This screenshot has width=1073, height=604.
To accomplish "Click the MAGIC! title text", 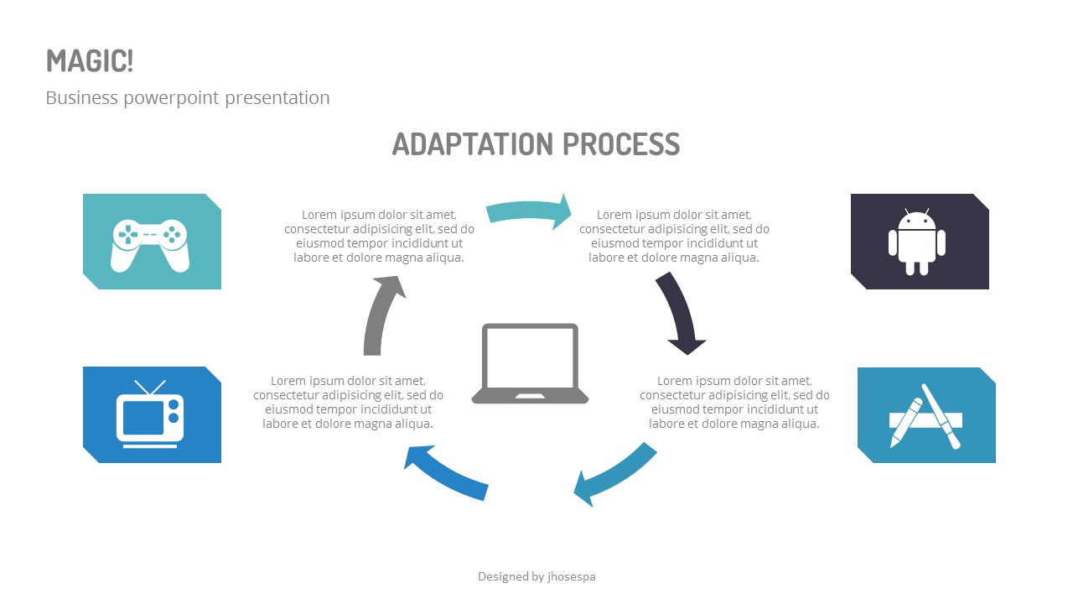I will tap(90, 61).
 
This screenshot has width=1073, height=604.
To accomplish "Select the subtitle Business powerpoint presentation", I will tap(188, 98).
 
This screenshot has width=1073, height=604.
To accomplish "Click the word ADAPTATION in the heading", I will tap(473, 144).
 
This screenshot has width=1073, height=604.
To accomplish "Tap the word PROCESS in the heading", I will tap(621, 144).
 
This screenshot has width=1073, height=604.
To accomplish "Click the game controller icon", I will tap(150, 245).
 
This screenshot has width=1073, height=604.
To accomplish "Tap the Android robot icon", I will tap(916, 242).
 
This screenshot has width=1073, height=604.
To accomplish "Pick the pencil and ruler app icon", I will tap(925, 416).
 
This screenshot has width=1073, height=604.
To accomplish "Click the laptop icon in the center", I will tap(530, 363).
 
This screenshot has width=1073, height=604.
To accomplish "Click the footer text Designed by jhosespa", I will tap(536, 576).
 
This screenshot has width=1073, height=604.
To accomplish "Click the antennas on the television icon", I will tap(150, 388).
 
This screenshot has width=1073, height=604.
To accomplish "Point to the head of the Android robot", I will tap(916, 221).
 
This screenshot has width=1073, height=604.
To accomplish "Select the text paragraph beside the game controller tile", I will tap(379, 236).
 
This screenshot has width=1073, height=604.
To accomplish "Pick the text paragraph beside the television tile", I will tap(348, 402).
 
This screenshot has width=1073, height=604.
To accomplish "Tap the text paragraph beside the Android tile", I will tap(674, 236).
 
